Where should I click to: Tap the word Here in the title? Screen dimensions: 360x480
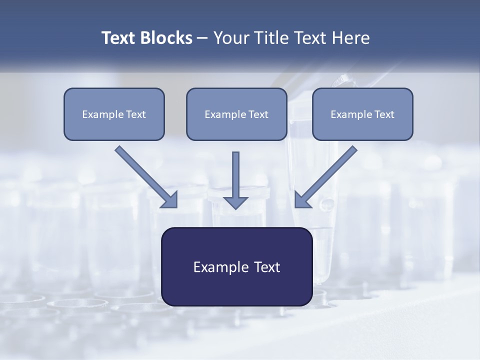click(351, 38)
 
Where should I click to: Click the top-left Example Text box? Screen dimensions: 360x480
click(114, 114)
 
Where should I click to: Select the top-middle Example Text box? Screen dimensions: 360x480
click(236, 114)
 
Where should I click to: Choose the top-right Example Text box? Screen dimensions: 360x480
click(362, 114)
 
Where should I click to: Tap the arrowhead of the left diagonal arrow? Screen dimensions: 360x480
click(170, 199)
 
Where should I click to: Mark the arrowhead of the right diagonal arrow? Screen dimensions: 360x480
click(302, 199)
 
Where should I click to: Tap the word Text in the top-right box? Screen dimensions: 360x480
click(384, 114)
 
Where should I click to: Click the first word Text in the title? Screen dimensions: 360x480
click(119, 38)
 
